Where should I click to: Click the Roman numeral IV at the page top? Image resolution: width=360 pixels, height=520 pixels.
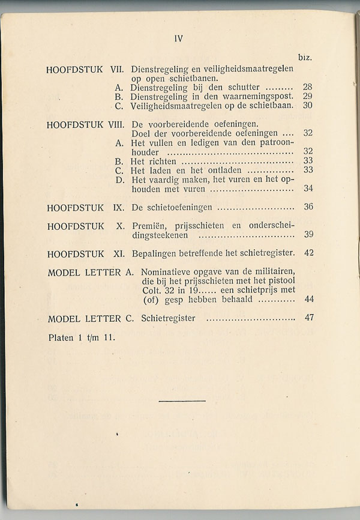[178, 39]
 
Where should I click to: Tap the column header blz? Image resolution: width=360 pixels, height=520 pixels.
[304, 58]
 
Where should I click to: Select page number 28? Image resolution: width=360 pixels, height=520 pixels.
[307, 87]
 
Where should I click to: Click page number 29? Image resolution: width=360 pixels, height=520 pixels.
[307, 96]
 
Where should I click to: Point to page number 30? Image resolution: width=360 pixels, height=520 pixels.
[307, 105]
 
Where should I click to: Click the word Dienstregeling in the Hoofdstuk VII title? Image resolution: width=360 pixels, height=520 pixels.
[158, 69]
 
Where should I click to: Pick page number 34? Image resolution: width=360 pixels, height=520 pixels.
[308, 189]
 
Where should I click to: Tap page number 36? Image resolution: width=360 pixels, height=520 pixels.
[308, 207]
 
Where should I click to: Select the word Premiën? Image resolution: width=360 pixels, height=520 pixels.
[148, 226]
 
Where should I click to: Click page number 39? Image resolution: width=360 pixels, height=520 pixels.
[308, 235]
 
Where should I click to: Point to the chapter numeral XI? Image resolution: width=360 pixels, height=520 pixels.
[118, 253]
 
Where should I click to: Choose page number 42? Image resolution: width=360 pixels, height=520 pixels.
[308, 253]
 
